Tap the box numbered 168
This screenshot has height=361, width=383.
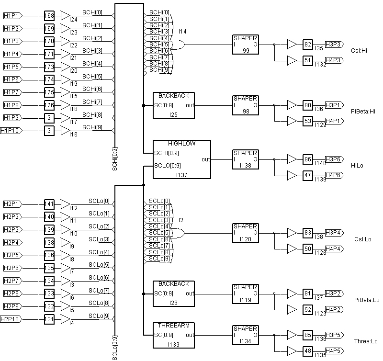tap(49, 16)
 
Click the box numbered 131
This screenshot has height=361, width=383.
tap(49, 319)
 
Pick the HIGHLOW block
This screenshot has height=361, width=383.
tap(181, 159)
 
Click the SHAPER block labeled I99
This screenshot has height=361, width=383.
tap(245, 45)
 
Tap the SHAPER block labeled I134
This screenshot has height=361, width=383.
tap(245, 335)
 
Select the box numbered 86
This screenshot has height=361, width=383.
tap(308, 159)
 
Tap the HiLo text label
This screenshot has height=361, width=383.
tap(357, 166)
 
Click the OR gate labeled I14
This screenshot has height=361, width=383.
tap(178, 45)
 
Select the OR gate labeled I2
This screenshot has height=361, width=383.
tap(178, 233)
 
